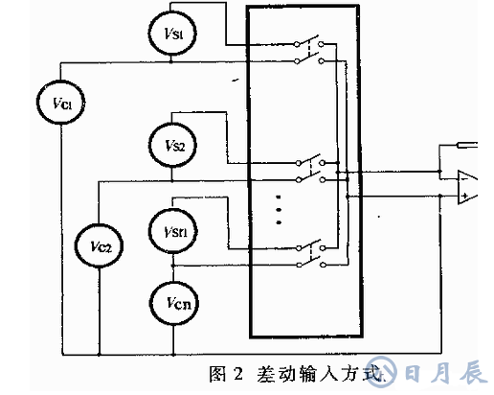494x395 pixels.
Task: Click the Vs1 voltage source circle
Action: click(x=171, y=34)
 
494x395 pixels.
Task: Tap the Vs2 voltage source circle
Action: click(x=172, y=145)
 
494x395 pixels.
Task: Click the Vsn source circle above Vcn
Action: click(x=171, y=232)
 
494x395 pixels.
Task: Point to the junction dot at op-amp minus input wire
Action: click(x=438, y=174)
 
